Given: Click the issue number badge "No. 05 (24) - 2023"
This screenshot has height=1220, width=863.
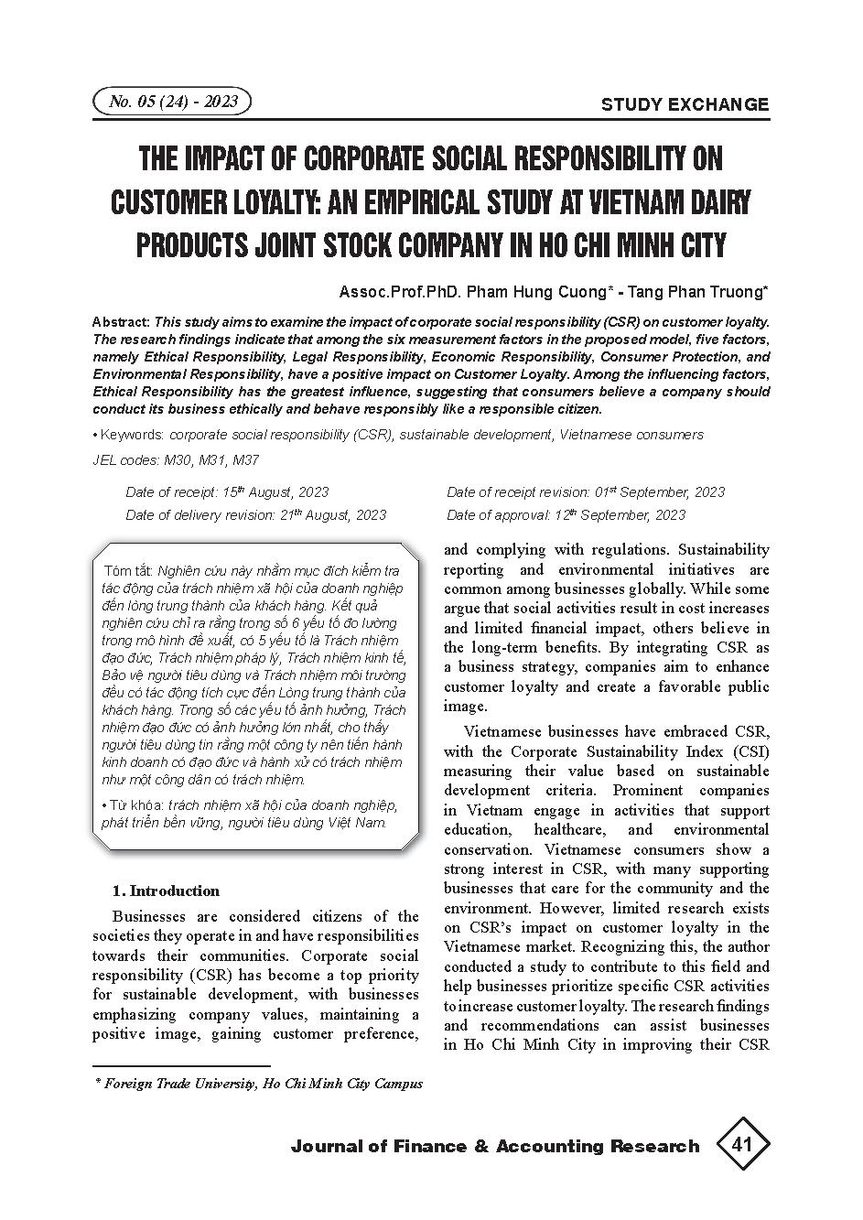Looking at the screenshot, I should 172,102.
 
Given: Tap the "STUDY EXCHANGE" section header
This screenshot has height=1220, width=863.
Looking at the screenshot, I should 685,104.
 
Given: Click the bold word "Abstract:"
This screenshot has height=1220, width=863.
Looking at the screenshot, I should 122,322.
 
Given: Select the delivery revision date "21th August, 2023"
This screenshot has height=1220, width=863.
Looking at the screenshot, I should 332,515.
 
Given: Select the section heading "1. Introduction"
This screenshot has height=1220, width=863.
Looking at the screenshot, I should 166,891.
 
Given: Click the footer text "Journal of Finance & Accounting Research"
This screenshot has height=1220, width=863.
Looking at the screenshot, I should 494,1147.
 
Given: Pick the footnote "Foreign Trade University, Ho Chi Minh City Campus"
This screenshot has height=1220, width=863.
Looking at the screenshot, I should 264,1083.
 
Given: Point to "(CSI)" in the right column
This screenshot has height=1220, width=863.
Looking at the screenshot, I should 750,751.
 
